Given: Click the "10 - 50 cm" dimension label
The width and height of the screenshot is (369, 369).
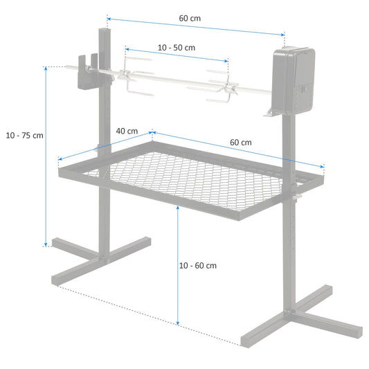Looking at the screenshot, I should coord(177,47).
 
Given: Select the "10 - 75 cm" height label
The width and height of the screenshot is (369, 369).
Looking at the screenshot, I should coord(24,135).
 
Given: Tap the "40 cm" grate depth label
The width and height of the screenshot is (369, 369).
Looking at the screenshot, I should coord(127,131).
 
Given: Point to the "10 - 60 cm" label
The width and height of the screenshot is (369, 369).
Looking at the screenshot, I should coord(197,265).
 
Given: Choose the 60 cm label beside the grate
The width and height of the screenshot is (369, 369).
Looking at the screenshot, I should coord(240,142).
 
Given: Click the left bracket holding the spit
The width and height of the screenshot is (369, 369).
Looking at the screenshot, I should coord(89,72).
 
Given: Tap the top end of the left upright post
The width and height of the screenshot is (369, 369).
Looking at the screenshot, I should coord(103,32).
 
